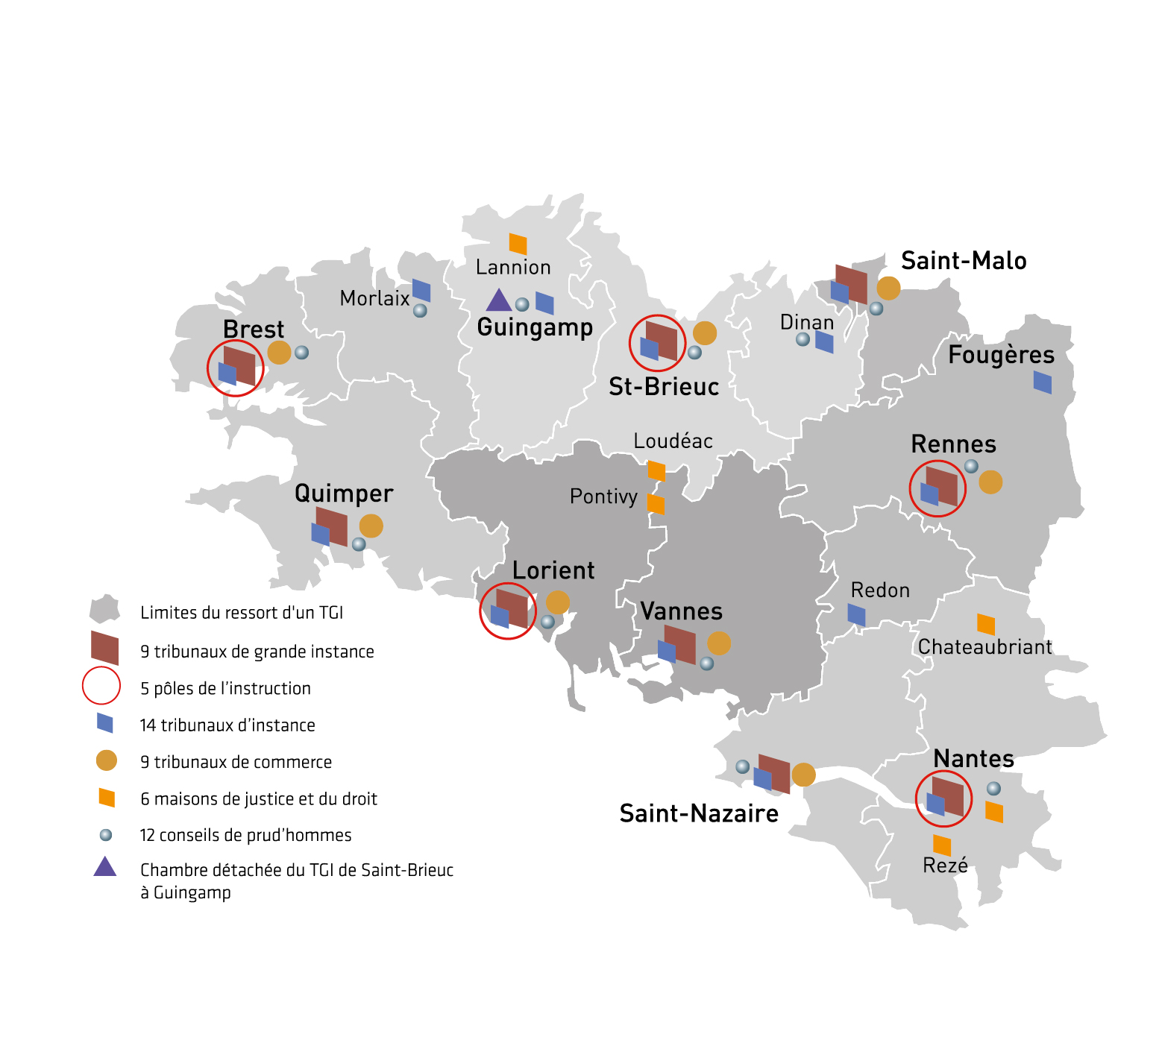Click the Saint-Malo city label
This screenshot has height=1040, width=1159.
point(964,261)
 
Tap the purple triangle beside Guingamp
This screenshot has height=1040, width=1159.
point(498,300)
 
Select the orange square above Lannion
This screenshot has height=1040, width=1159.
point(518,244)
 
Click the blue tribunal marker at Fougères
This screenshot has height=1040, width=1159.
point(1042,382)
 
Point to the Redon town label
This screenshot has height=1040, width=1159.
point(880,590)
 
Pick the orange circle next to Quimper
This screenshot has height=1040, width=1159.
point(371,526)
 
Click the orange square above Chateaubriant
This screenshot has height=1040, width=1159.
point(986,624)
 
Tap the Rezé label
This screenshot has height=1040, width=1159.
point(945,866)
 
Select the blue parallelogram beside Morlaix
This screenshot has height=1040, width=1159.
point(421,290)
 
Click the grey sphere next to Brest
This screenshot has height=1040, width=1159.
point(301,353)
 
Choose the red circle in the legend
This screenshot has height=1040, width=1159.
point(101,686)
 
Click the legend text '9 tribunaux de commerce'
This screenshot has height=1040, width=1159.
point(236,762)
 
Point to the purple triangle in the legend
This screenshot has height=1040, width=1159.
point(105,867)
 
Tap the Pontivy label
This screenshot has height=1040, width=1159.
point(603,497)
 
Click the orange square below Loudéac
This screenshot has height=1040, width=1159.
point(656,470)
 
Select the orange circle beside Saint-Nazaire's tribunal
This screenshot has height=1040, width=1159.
point(803,775)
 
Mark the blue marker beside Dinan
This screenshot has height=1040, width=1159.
point(824,342)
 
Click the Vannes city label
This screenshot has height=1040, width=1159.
point(681,611)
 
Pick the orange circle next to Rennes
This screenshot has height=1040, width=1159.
point(990,482)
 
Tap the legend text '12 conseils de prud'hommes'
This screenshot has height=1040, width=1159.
point(245,835)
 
